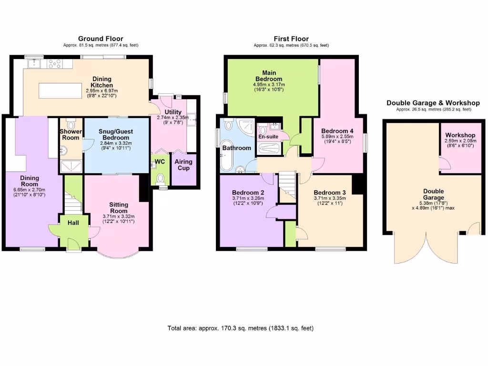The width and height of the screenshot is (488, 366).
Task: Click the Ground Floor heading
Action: click(x=101, y=39)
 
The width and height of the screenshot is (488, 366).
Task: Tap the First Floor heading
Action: click(x=291, y=39)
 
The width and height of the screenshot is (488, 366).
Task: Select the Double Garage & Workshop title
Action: click(x=433, y=103)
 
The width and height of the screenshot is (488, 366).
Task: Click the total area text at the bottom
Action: click(x=241, y=328)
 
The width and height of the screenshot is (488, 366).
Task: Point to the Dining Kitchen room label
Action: click(x=102, y=82)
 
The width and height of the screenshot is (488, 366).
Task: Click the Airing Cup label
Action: click(x=183, y=165)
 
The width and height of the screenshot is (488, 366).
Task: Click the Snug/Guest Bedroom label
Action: click(x=116, y=134)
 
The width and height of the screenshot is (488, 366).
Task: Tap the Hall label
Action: click(x=73, y=223)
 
